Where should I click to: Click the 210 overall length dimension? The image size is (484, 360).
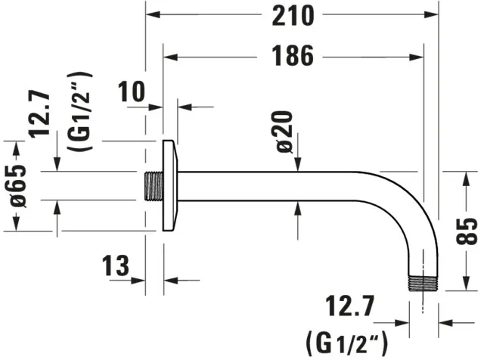(x=293, y=16)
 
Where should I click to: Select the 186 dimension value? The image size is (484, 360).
(x=293, y=56)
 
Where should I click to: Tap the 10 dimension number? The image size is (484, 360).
(x=131, y=92)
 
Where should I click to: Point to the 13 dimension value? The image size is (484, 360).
(x=116, y=265)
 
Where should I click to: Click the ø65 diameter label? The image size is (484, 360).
(x=18, y=186)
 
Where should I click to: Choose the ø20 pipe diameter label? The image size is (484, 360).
(x=284, y=132)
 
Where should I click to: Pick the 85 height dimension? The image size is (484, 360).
(x=467, y=231)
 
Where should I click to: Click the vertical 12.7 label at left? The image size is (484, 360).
(x=39, y=114)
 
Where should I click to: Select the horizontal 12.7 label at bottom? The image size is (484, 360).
(x=349, y=306)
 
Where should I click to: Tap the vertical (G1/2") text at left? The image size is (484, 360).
(x=79, y=111)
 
